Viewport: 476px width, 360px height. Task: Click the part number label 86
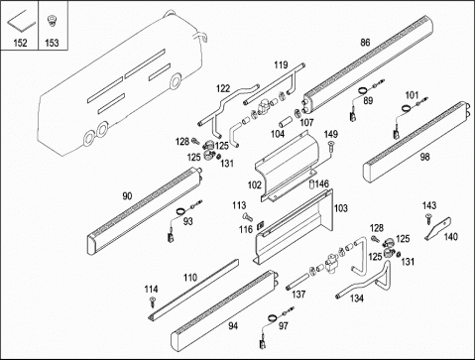tap(365, 43)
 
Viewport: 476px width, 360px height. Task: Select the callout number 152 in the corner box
tap(20, 43)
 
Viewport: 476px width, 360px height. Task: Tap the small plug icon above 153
tap(52, 21)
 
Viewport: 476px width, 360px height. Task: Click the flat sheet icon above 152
tap(22, 21)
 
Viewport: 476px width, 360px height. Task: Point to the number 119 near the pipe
tap(281, 64)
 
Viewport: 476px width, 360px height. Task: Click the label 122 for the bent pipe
tap(223, 88)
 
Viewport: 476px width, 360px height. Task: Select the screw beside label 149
tap(331, 147)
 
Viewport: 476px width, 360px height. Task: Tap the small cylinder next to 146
tap(311, 184)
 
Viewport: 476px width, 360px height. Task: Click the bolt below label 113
tap(247, 217)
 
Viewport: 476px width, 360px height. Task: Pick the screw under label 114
tap(152, 301)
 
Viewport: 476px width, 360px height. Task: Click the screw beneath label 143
tap(428, 218)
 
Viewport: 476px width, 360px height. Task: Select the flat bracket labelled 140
tap(437, 228)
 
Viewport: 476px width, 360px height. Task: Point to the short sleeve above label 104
tap(285, 122)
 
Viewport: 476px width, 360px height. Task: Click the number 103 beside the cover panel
tap(341, 208)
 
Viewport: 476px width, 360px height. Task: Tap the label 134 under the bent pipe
tap(357, 299)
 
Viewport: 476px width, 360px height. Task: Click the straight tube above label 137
tap(298, 282)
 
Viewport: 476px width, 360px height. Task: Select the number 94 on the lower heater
tap(233, 326)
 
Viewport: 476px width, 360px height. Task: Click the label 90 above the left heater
tap(127, 196)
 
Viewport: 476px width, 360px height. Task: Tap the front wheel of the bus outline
tap(176, 80)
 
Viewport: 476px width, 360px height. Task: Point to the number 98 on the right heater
tap(424, 157)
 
